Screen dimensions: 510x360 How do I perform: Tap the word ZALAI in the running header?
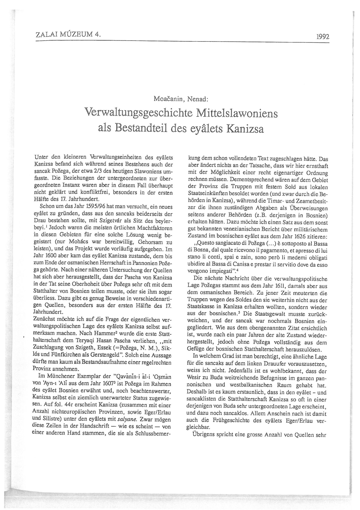(47, 35)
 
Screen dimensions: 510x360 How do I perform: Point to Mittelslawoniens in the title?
(228, 113)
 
